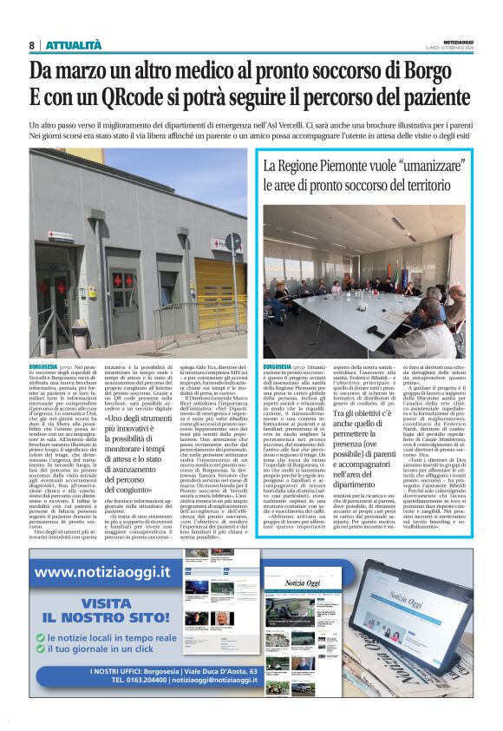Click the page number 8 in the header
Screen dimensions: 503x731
tap(31, 45)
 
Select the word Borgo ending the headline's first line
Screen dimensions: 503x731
tap(441, 70)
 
